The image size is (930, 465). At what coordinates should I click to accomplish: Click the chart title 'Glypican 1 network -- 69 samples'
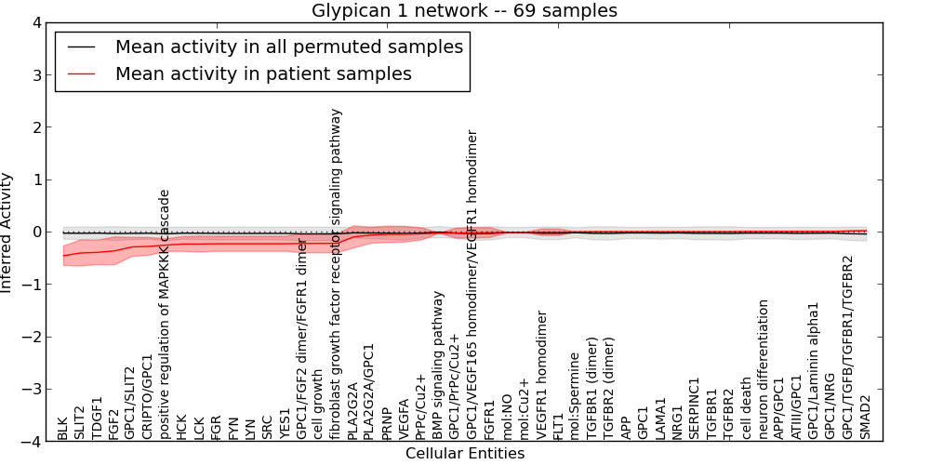click(x=464, y=10)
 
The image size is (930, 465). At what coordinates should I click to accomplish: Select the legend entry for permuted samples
click(x=288, y=46)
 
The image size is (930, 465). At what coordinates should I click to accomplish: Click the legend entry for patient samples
click(x=263, y=73)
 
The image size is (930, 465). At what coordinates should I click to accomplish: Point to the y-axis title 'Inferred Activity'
click(x=7, y=232)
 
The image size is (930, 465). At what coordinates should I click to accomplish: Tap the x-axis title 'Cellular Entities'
click(x=464, y=454)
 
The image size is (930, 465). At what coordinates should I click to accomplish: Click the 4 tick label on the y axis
click(x=36, y=22)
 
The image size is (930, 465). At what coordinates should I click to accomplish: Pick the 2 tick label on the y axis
click(x=36, y=126)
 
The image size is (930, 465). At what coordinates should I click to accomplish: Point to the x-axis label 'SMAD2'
click(x=866, y=418)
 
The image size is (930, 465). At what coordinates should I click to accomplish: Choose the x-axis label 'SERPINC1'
click(x=695, y=408)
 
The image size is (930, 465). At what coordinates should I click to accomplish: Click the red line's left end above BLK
click(x=63, y=255)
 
